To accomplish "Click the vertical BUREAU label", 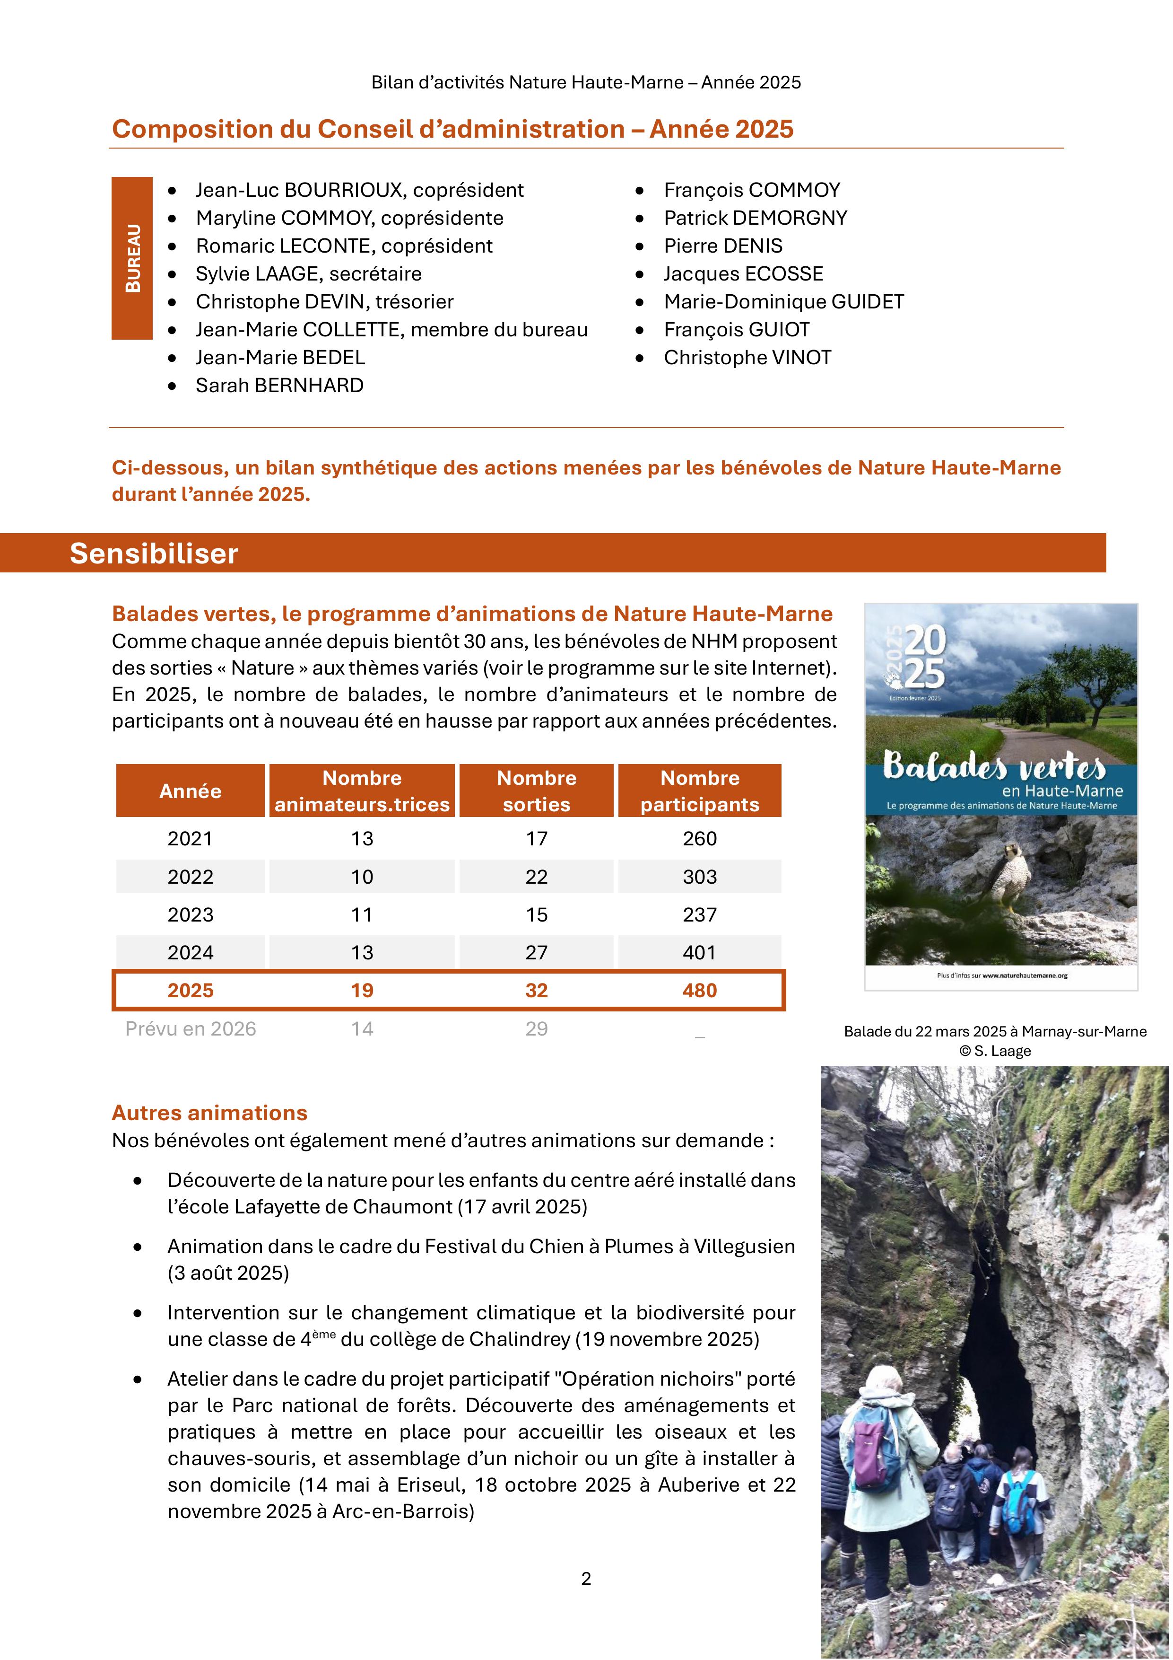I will (x=132, y=258).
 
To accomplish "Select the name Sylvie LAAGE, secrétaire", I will (x=309, y=274).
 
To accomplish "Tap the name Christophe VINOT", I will (x=747, y=358).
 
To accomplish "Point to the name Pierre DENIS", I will (x=723, y=246).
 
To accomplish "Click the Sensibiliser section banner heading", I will (x=154, y=554).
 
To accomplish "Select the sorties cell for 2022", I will (x=536, y=877).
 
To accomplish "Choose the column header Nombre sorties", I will (x=536, y=791).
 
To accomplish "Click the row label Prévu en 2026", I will (x=191, y=1029).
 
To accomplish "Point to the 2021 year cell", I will (x=191, y=839).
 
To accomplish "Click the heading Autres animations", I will (x=209, y=1113).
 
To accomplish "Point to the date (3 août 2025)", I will (x=228, y=1273).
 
